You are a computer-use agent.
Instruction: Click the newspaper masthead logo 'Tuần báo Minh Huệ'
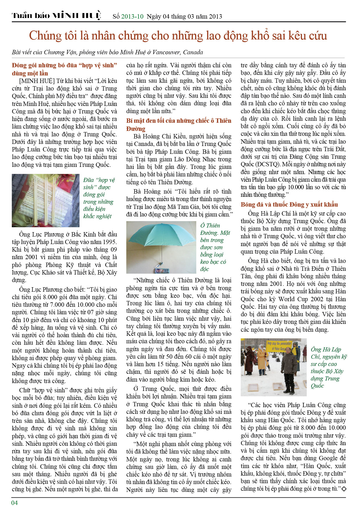[x=56, y=16]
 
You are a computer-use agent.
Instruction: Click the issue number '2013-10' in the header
[x=132, y=17]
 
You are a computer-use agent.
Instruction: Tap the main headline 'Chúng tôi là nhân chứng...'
[x=178, y=36]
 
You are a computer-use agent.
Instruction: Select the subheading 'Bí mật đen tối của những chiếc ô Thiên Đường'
[x=179, y=124]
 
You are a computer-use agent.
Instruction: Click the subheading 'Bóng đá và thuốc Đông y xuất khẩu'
[x=289, y=205]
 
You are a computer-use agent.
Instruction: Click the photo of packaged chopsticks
[x=46, y=200]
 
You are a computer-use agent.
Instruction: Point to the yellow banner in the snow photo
[x=279, y=346]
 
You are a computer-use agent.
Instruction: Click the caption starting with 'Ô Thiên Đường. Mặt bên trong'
[x=215, y=247]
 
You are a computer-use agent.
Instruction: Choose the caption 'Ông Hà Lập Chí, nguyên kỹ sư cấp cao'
[x=328, y=367]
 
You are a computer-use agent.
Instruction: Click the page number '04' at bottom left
[x=15, y=503]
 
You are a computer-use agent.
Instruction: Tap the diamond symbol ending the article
[x=344, y=489]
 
